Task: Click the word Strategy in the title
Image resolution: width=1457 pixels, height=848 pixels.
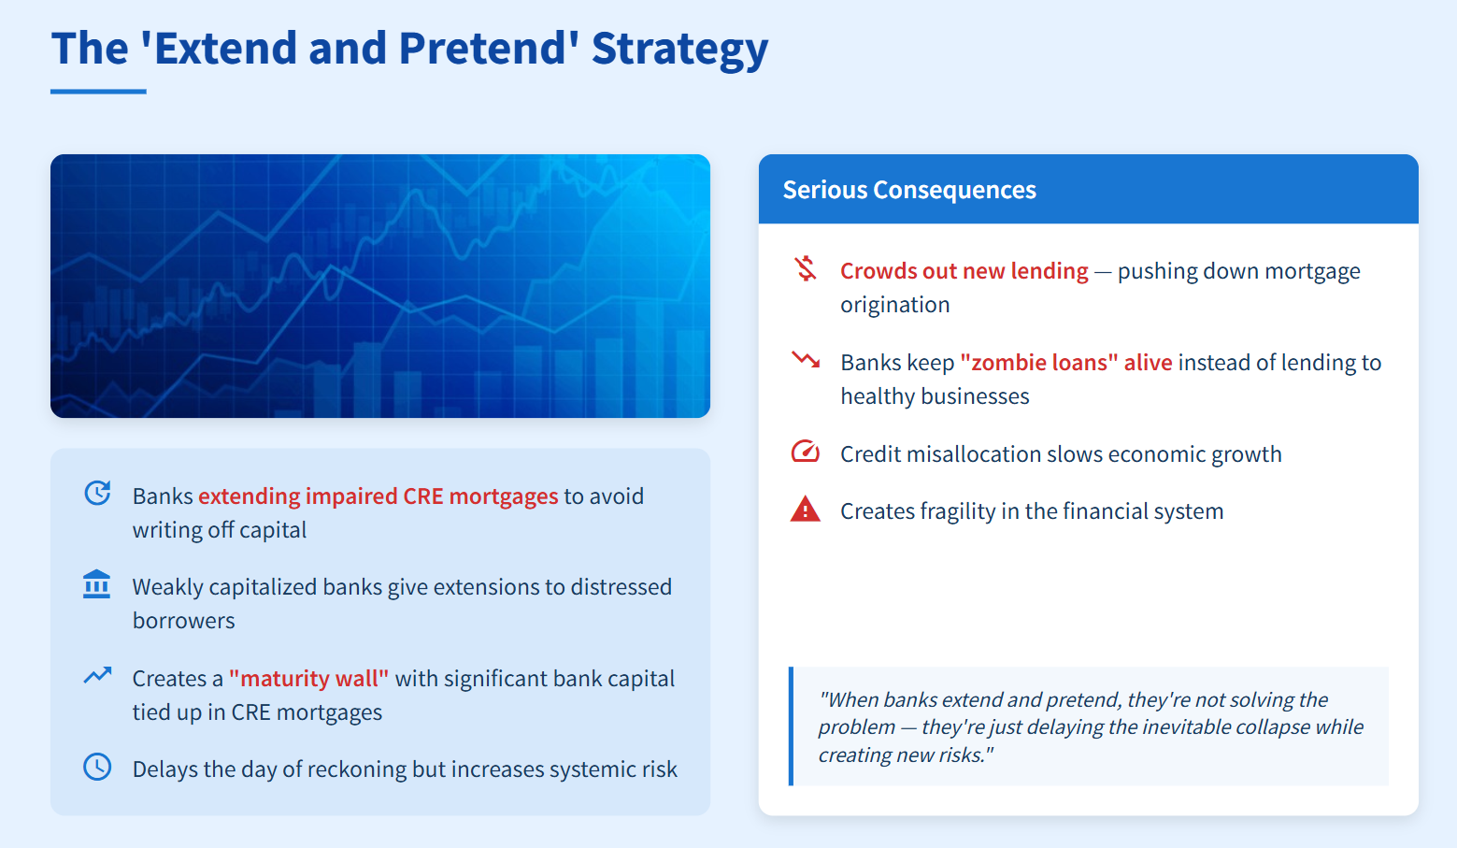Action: coord(679,49)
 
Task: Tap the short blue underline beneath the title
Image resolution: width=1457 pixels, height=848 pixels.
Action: coord(98,92)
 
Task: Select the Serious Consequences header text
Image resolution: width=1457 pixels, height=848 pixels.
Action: coord(909,190)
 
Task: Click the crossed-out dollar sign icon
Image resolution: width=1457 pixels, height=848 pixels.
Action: coord(806,268)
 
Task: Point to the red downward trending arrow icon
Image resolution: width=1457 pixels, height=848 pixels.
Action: coord(806,359)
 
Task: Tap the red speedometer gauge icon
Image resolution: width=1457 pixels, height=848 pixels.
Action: coord(806,452)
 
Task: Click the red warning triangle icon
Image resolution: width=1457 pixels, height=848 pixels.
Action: coord(806,509)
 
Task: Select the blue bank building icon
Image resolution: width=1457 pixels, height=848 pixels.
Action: coord(97,584)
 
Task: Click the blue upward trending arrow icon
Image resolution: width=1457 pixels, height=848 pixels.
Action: coord(97,676)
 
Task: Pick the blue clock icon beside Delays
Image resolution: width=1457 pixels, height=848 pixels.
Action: coord(97,768)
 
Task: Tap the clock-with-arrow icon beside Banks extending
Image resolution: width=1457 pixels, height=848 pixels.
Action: coord(97,494)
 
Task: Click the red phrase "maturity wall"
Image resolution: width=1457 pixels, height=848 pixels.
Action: coord(309,678)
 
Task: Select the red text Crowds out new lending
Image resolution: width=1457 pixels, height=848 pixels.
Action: coord(964,271)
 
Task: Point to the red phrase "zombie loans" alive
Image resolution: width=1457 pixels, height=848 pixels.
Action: coord(1066,363)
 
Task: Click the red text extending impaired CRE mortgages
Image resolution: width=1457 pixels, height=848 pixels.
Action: coord(378,496)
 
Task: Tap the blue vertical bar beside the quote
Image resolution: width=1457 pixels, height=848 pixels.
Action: coord(791,726)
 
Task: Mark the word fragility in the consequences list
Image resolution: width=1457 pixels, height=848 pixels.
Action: coord(950,511)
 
